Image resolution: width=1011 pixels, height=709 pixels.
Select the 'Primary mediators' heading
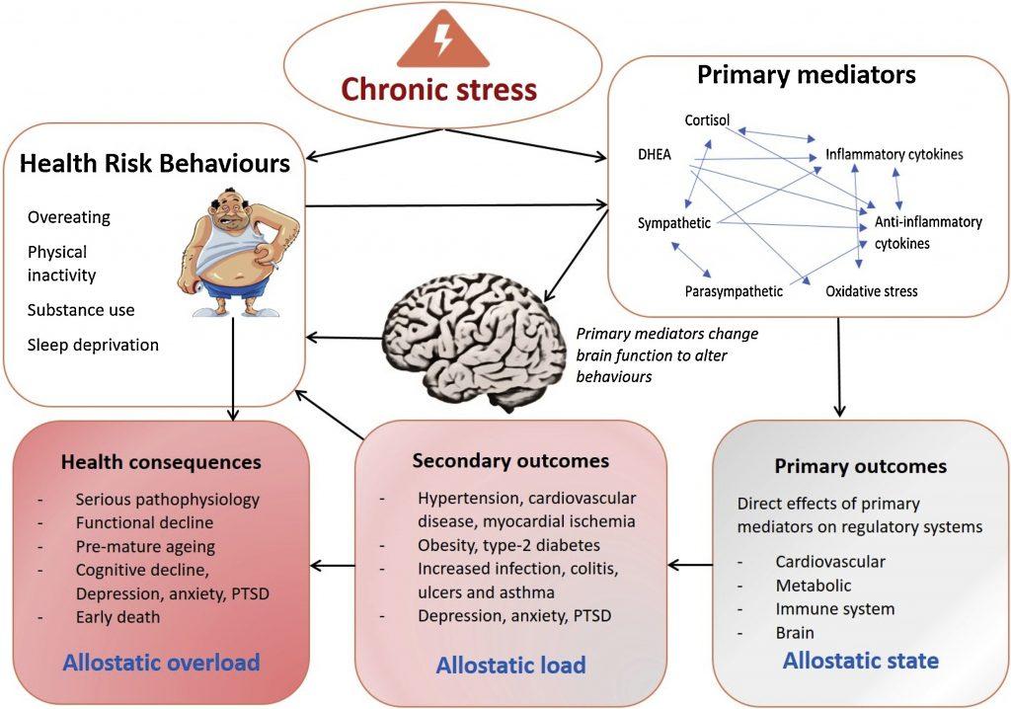click(x=807, y=75)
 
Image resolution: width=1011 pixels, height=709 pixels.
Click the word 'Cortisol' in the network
click(x=708, y=120)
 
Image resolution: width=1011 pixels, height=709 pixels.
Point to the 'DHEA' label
click(x=656, y=154)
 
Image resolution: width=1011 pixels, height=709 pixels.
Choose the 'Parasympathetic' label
click(x=734, y=291)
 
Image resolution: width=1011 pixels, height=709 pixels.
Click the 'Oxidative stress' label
click(x=872, y=291)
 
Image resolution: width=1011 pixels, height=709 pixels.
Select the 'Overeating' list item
click(x=69, y=217)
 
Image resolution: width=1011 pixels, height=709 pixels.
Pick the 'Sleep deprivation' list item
click(x=93, y=345)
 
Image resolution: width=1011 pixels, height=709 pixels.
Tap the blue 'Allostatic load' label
click(x=510, y=665)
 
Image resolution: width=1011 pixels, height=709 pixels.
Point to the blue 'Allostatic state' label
click(x=861, y=660)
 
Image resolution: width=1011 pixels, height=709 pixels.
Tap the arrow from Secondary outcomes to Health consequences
click(x=332, y=566)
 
